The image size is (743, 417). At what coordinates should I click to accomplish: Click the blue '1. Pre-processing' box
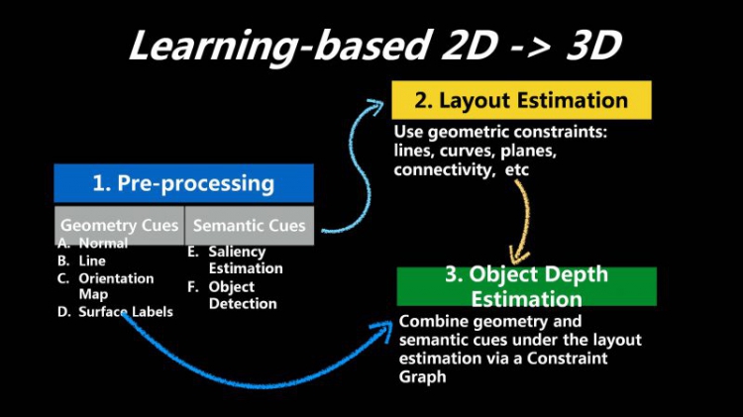[183, 183]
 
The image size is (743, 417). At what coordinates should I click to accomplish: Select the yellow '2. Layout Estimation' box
[521, 100]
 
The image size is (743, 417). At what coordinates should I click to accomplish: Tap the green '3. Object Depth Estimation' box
[526, 285]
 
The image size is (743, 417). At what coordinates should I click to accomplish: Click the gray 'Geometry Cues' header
[119, 225]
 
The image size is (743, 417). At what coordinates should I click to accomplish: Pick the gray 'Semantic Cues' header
[249, 225]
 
